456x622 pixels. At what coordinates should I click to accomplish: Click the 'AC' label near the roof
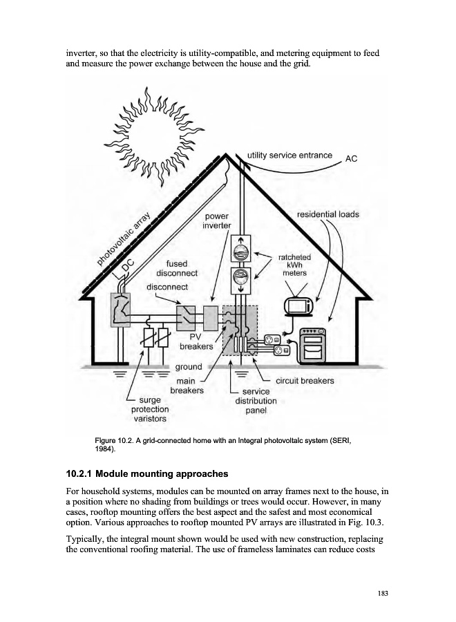(x=351, y=159)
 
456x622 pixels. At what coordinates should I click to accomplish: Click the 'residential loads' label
(x=327, y=214)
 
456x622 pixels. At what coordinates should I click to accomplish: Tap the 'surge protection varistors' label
(x=149, y=409)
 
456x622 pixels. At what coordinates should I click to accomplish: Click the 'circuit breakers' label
(x=305, y=381)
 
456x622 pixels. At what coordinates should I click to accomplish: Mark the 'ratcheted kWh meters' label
(x=294, y=265)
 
